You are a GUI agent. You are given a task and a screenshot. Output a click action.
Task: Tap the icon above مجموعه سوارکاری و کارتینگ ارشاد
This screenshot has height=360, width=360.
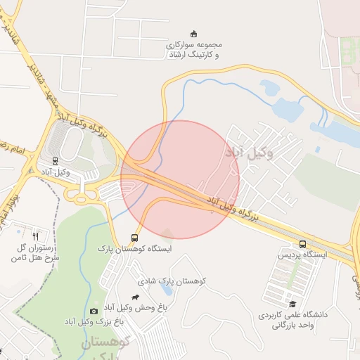point(194,33)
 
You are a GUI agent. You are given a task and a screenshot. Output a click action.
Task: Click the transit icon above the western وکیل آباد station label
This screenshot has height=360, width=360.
point(56,160)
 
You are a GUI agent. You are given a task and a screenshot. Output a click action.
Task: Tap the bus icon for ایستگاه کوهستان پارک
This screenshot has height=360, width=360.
point(134,238)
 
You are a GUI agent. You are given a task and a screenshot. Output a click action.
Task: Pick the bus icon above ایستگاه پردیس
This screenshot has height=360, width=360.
point(302,244)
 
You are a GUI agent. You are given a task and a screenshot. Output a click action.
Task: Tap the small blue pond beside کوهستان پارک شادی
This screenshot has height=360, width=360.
point(166,289)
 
